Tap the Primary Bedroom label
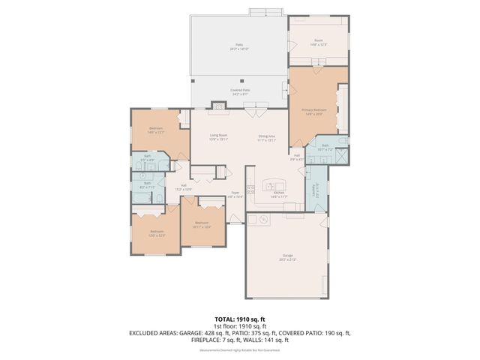coord(318,111)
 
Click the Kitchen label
coord(279,193)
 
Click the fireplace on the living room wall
coord(218,106)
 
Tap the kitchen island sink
coord(271,185)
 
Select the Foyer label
coord(235,193)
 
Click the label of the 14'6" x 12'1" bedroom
coord(156,130)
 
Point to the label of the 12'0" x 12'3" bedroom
coord(156,232)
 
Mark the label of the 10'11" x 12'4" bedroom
coord(202,223)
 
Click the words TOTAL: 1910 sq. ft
coord(240,319)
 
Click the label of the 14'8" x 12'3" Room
coord(319,42)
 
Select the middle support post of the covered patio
coord(241,80)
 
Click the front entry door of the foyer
coord(235,219)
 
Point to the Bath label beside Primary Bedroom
coord(325,147)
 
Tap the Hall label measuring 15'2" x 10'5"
coord(183,187)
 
